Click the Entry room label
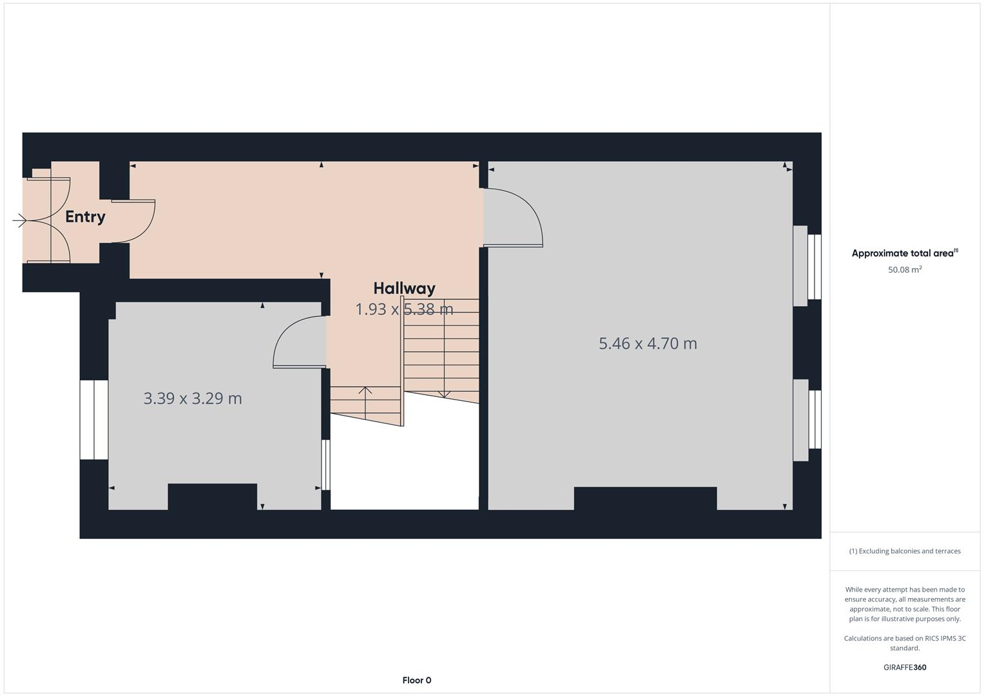[85, 217]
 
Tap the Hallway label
[404, 288]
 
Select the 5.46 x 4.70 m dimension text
[648, 343]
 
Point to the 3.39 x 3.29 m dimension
[193, 398]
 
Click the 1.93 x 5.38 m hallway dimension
[404, 309]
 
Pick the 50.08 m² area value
[905, 269]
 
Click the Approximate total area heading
[904, 253]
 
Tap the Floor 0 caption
[416, 680]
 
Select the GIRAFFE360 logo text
[905, 667]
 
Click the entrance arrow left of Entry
[19, 221]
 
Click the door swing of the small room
[298, 342]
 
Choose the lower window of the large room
[814, 420]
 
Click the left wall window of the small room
[94, 420]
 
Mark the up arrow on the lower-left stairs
[365, 394]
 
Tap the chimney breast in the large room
[645, 498]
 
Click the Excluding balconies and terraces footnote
[905, 551]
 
